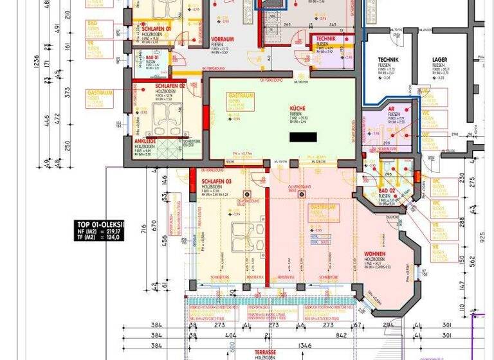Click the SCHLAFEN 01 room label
(x=156, y=29)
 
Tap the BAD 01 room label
(x=152, y=57)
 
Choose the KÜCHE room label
(x=298, y=109)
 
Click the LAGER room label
(x=439, y=60)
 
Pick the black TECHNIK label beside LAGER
(x=389, y=60)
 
